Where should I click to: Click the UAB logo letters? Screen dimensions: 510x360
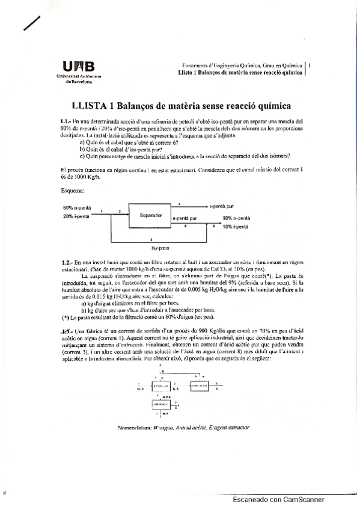pos(78,67)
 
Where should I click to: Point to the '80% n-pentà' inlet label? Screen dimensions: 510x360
pos(76,208)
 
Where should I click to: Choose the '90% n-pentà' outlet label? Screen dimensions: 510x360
pos(236,218)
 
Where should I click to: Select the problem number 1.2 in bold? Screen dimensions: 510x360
pos(67,263)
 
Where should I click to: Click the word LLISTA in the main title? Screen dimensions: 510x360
pos(88,106)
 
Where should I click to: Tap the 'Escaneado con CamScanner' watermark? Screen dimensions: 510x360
pos(278,499)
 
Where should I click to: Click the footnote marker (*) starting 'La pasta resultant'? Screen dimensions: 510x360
pos(65,317)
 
